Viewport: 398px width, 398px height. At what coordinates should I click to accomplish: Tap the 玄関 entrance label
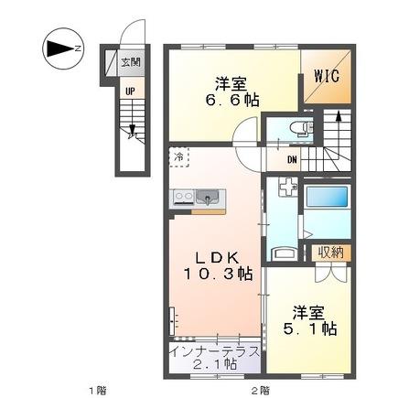[x=131, y=63]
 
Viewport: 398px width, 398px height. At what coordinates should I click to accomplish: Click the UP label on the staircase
[x=131, y=91]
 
